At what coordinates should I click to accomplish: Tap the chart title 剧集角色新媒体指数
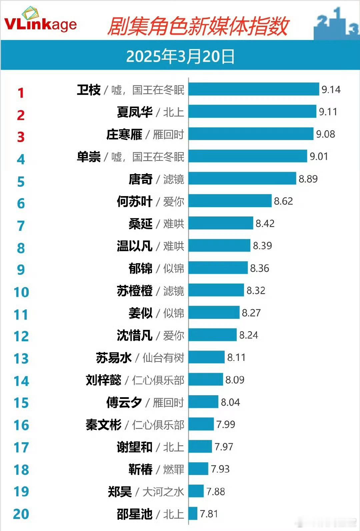coord(198,26)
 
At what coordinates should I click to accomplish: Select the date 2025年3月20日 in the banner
coord(180,56)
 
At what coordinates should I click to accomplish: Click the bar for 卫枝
coord(254,89)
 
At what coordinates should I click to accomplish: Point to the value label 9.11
coord(328,112)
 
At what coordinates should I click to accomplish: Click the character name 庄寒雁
coord(124,134)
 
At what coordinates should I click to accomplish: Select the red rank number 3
coord(21,137)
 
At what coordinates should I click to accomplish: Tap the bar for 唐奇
coord(242,178)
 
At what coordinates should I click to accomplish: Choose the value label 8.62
coord(283,201)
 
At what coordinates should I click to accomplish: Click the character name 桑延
coord(141,224)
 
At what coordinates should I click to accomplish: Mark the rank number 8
coord(21,248)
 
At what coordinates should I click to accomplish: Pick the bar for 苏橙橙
coord(216,290)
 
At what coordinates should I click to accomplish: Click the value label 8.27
coord(251,313)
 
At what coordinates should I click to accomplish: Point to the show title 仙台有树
coord(163,358)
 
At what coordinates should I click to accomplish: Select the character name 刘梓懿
coord(104,380)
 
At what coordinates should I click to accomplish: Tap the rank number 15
coord(21,403)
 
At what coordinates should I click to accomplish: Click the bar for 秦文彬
coord(201,424)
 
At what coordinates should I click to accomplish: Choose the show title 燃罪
coord(173,469)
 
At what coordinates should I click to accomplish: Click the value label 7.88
coord(216,492)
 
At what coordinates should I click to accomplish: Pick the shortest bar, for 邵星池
coord(193,513)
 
